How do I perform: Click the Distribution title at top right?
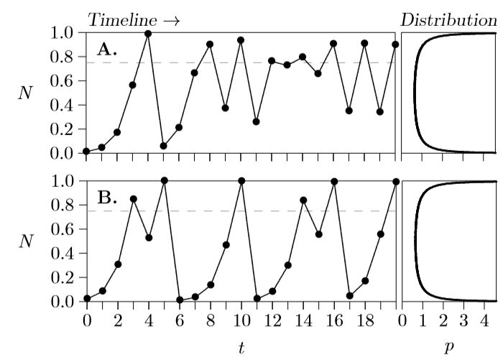point(448,20)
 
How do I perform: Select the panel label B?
point(107,198)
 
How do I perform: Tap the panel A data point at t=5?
point(164,146)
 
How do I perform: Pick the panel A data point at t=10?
point(241,40)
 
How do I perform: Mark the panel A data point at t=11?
point(256,121)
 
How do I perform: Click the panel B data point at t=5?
point(164,180)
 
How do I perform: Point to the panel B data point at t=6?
point(179,300)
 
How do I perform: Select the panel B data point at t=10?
point(241,181)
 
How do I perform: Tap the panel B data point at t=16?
point(333,182)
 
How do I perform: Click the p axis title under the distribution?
point(449,347)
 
